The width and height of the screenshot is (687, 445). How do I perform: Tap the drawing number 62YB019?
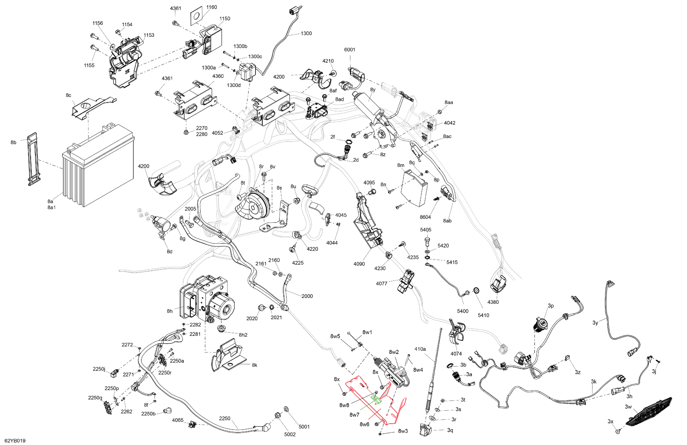click(15, 441)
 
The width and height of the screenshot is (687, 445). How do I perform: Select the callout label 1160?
click(212, 7)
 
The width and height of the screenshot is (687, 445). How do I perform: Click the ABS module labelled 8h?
click(206, 300)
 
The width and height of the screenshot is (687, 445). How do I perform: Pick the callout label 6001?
click(350, 50)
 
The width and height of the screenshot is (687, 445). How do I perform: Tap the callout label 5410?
click(483, 315)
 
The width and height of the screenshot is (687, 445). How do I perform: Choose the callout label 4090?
click(359, 264)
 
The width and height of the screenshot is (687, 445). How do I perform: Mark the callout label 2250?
click(225, 419)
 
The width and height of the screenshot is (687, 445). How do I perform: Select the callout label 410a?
click(420, 349)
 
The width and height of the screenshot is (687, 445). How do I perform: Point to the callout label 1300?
click(306, 34)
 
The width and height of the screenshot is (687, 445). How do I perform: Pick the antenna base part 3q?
click(425, 430)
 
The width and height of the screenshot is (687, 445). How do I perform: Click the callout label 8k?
click(255, 365)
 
